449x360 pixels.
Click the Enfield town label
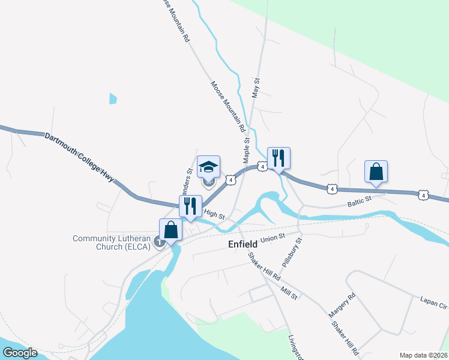pos(243,244)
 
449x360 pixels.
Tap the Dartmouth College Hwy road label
pos(79,155)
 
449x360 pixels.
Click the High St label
pos(214,214)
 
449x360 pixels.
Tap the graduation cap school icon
pos(208,167)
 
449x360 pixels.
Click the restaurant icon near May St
pos(278,158)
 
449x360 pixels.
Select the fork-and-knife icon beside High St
pos(190,206)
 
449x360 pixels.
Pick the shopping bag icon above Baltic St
pos(376,171)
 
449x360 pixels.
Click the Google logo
pos(20,353)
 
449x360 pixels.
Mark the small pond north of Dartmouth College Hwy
pos(112,98)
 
